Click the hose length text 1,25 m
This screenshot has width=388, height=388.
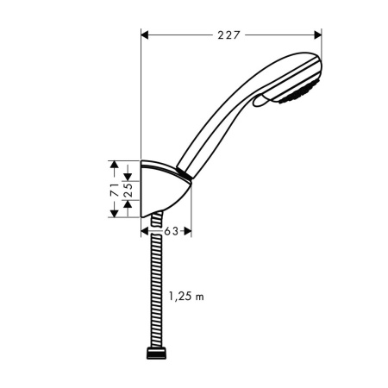[186, 297]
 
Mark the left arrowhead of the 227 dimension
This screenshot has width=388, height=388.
[145, 35]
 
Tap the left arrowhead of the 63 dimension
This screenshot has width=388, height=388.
[143, 231]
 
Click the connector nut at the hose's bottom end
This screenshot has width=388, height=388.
[154, 354]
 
